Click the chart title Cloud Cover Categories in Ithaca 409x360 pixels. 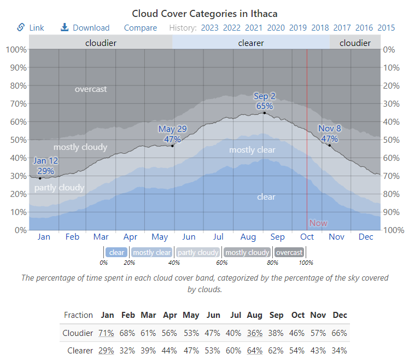[x=204, y=13]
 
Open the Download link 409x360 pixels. [x=90, y=28]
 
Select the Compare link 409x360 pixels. [x=140, y=28]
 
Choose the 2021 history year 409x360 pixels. [x=253, y=28]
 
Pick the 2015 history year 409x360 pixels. [x=386, y=28]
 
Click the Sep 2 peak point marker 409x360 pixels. [x=265, y=113]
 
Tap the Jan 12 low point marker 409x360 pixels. [x=40, y=178]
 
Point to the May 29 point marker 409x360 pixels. [x=172, y=146]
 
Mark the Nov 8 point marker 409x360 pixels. [x=329, y=146]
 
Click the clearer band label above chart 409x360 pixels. [x=251, y=43]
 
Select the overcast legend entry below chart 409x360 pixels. [x=289, y=252]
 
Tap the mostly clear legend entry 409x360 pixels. [x=151, y=252]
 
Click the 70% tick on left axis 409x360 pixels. [x=16, y=103]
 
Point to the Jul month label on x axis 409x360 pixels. [x=218, y=237]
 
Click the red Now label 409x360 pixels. [x=318, y=223]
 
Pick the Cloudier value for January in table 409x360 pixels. [x=107, y=333]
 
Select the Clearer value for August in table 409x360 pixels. [x=254, y=350]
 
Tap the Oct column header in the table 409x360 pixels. [x=297, y=315]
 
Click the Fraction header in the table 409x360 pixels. [x=78, y=315]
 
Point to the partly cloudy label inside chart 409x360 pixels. [x=59, y=188]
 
